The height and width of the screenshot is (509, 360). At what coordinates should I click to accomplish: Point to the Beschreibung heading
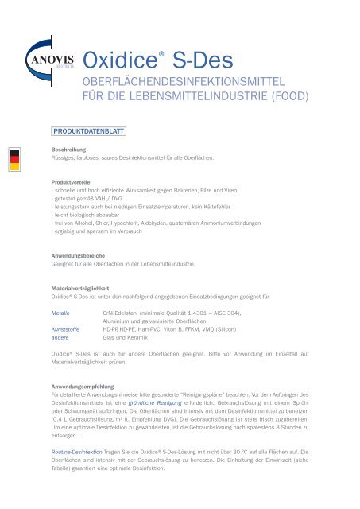(x=69, y=149)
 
